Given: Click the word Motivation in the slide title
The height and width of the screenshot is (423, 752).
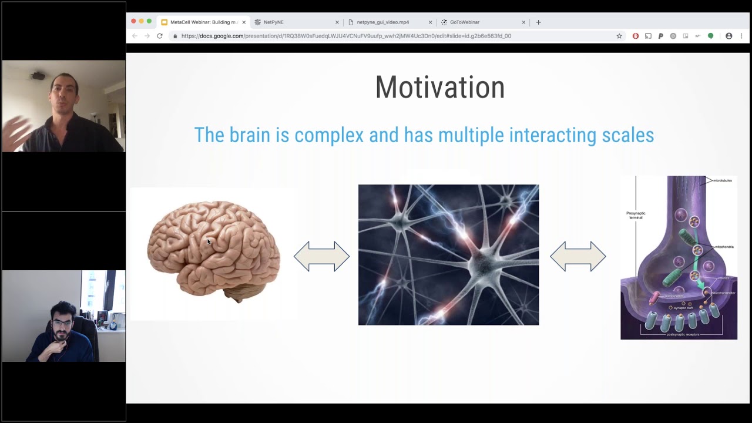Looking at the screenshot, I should coord(439,88).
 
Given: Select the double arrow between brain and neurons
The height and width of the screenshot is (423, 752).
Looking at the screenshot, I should coord(321,256).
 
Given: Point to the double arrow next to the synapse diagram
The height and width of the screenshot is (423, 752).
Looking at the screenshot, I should coord(578,256).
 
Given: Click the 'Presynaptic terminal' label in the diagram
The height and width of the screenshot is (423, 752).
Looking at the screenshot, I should coord(636,216).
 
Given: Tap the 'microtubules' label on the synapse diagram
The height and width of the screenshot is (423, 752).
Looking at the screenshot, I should coord(722,180).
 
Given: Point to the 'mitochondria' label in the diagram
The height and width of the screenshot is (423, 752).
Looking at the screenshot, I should coord(723,247).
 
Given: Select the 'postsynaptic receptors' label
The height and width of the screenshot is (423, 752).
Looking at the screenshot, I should coord(683,334).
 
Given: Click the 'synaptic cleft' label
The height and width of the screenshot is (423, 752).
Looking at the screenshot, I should coord(683,308).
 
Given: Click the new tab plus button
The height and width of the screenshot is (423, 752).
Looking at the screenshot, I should coord(538,22).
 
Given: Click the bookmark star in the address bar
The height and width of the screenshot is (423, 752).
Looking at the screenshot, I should coord(619,36).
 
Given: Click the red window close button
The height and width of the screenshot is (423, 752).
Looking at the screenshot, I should coord(133,22).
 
